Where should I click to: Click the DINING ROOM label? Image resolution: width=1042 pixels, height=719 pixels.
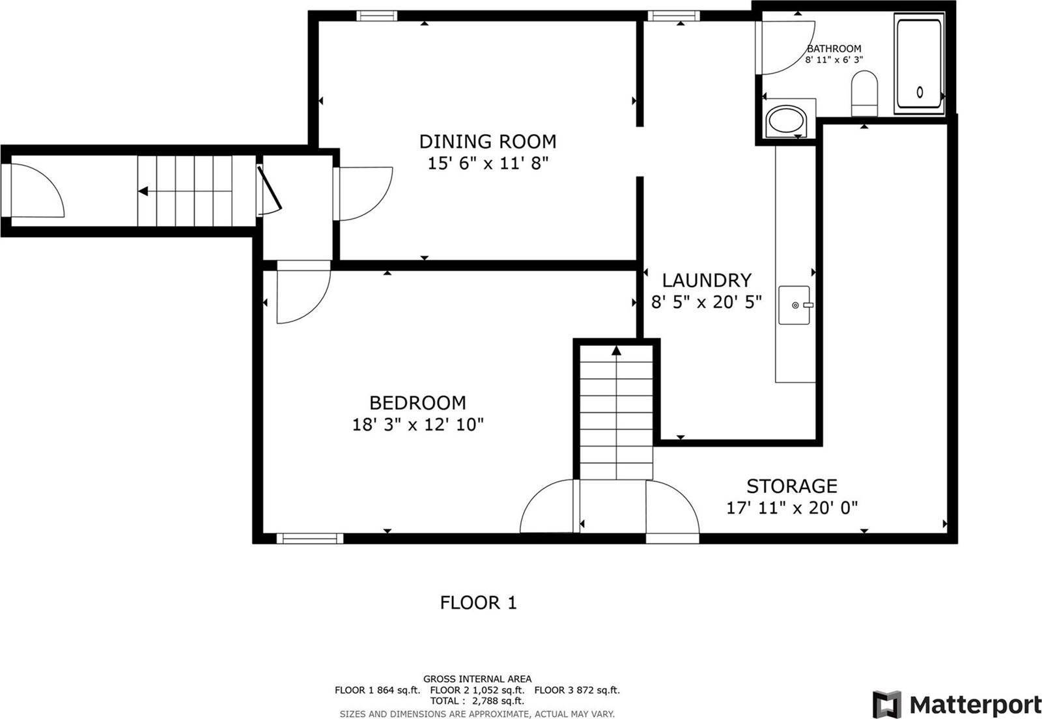[487, 141]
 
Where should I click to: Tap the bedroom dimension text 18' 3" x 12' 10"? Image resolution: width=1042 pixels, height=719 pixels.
[417, 425]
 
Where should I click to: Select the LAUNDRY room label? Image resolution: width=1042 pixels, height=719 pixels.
[707, 280]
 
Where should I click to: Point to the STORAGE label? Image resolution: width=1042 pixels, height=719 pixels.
[791, 486]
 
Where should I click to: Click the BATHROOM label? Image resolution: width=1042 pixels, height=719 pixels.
[834, 48]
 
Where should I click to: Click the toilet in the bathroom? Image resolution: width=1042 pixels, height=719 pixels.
[864, 93]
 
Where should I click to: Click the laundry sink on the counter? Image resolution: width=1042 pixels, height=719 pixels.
[795, 304]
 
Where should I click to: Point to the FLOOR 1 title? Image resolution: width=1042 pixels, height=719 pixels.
[478, 602]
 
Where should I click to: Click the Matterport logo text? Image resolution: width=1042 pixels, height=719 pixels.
[974, 705]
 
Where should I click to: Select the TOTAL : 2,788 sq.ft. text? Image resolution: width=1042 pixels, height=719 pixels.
[477, 701]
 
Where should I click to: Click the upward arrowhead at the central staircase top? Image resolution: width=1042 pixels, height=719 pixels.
[616, 351]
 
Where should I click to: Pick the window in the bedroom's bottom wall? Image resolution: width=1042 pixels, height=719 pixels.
[309, 538]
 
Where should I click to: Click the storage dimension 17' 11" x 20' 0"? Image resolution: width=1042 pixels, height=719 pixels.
[791, 507]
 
